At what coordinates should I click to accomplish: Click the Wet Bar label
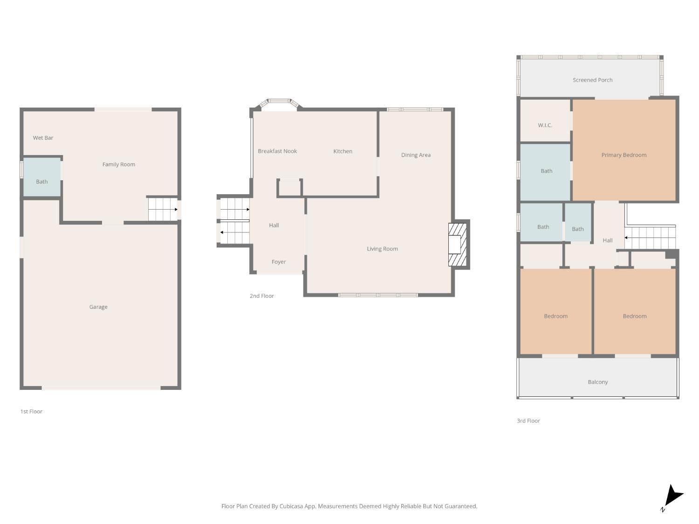coord(43,138)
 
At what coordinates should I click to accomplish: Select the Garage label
coord(98,307)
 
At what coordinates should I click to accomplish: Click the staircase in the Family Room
coord(163,210)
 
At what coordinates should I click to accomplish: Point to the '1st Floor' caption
coord(31,411)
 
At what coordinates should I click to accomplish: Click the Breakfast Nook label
coord(277,151)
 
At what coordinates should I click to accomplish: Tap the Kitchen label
coord(343,151)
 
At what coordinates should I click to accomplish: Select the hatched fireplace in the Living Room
coord(457,245)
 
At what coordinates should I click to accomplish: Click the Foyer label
coord(279,262)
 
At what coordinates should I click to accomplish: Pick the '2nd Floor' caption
coord(261,296)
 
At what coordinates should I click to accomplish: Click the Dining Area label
coord(416,155)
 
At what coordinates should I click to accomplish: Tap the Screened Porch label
coord(592,80)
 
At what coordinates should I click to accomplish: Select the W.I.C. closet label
coord(545,125)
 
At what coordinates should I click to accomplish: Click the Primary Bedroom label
coord(624,155)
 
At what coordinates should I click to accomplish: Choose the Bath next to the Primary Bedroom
coord(546,171)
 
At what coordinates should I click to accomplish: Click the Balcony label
coord(597,382)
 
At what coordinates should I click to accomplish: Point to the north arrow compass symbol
coord(672,497)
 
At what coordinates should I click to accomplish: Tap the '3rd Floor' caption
coord(528,421)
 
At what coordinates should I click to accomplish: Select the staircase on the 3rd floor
coord(650,238)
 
